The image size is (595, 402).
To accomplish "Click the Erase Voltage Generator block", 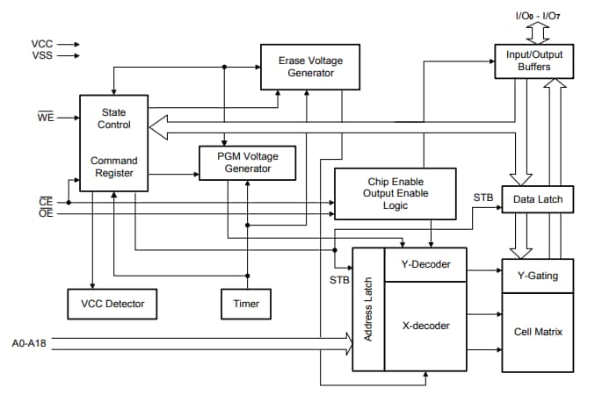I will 310,67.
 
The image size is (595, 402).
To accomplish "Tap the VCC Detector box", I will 112,304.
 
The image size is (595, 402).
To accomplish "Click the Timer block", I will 246,304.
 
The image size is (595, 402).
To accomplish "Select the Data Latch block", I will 537,200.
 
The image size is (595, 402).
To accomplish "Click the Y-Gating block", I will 537,276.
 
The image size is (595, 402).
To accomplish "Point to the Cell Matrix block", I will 537,332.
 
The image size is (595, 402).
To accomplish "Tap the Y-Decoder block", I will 425,264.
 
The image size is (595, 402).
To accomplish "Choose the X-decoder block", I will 425,326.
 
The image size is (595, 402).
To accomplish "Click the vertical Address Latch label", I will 368,310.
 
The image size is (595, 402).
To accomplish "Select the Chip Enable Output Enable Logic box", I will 395,192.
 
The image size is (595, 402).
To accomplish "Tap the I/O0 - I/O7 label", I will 538,15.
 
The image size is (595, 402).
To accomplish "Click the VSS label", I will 41,56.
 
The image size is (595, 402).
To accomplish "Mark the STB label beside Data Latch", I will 483,197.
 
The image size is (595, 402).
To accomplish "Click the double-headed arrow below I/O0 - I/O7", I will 538,32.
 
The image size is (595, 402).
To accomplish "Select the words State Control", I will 112,118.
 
